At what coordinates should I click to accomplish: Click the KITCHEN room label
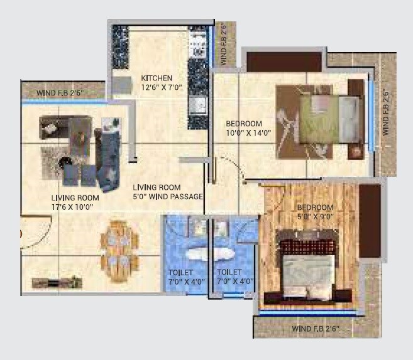point(157,78)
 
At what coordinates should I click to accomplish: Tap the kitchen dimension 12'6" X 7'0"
point(162,87)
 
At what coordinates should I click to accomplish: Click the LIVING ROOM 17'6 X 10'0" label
point(75,201)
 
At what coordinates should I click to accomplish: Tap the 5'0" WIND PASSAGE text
point(167,197)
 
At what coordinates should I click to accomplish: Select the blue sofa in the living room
point(107,157)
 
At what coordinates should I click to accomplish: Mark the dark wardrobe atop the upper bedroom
point(283,62)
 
